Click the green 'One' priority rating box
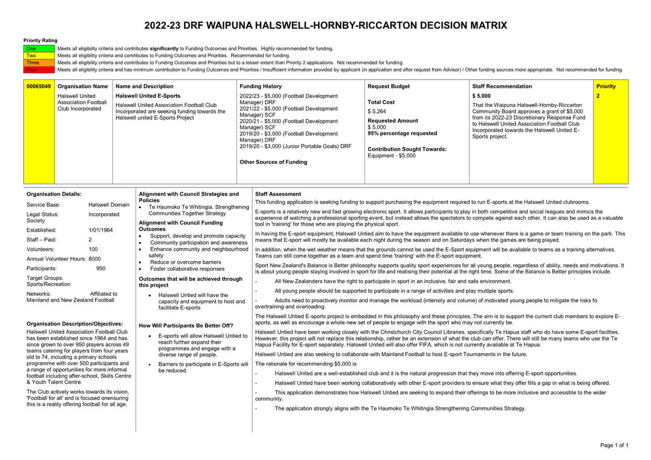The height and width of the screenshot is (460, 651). pos(39,48)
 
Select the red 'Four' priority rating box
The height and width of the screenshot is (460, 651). pos(39,70)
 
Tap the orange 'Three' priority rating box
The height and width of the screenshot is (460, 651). pos(39,63)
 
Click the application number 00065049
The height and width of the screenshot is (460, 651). pos(39,87)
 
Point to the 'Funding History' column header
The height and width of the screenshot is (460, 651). pos(260,87)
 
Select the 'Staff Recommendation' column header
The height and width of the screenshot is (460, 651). pos(502,87)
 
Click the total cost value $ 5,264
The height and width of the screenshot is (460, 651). pos(377,112)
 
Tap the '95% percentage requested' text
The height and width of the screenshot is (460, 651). pos(402,133)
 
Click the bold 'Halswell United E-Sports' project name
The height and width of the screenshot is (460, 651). pos(148,96)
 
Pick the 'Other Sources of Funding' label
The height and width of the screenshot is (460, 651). pos(273,162)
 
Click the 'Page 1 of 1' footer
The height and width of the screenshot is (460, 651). pos(614,445)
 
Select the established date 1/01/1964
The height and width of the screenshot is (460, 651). pos(100,230)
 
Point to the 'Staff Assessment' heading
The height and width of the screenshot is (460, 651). pos(278,194)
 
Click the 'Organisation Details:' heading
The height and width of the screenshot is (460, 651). pos(54,194)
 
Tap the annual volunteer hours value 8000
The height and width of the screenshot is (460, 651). pos(95,259)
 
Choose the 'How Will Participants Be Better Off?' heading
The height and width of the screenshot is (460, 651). pos(186,326)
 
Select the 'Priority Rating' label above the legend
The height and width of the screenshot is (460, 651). pos(40,41)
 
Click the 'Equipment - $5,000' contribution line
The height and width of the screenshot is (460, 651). pos(391,156)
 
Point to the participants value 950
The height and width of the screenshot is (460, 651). pos(101,269)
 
